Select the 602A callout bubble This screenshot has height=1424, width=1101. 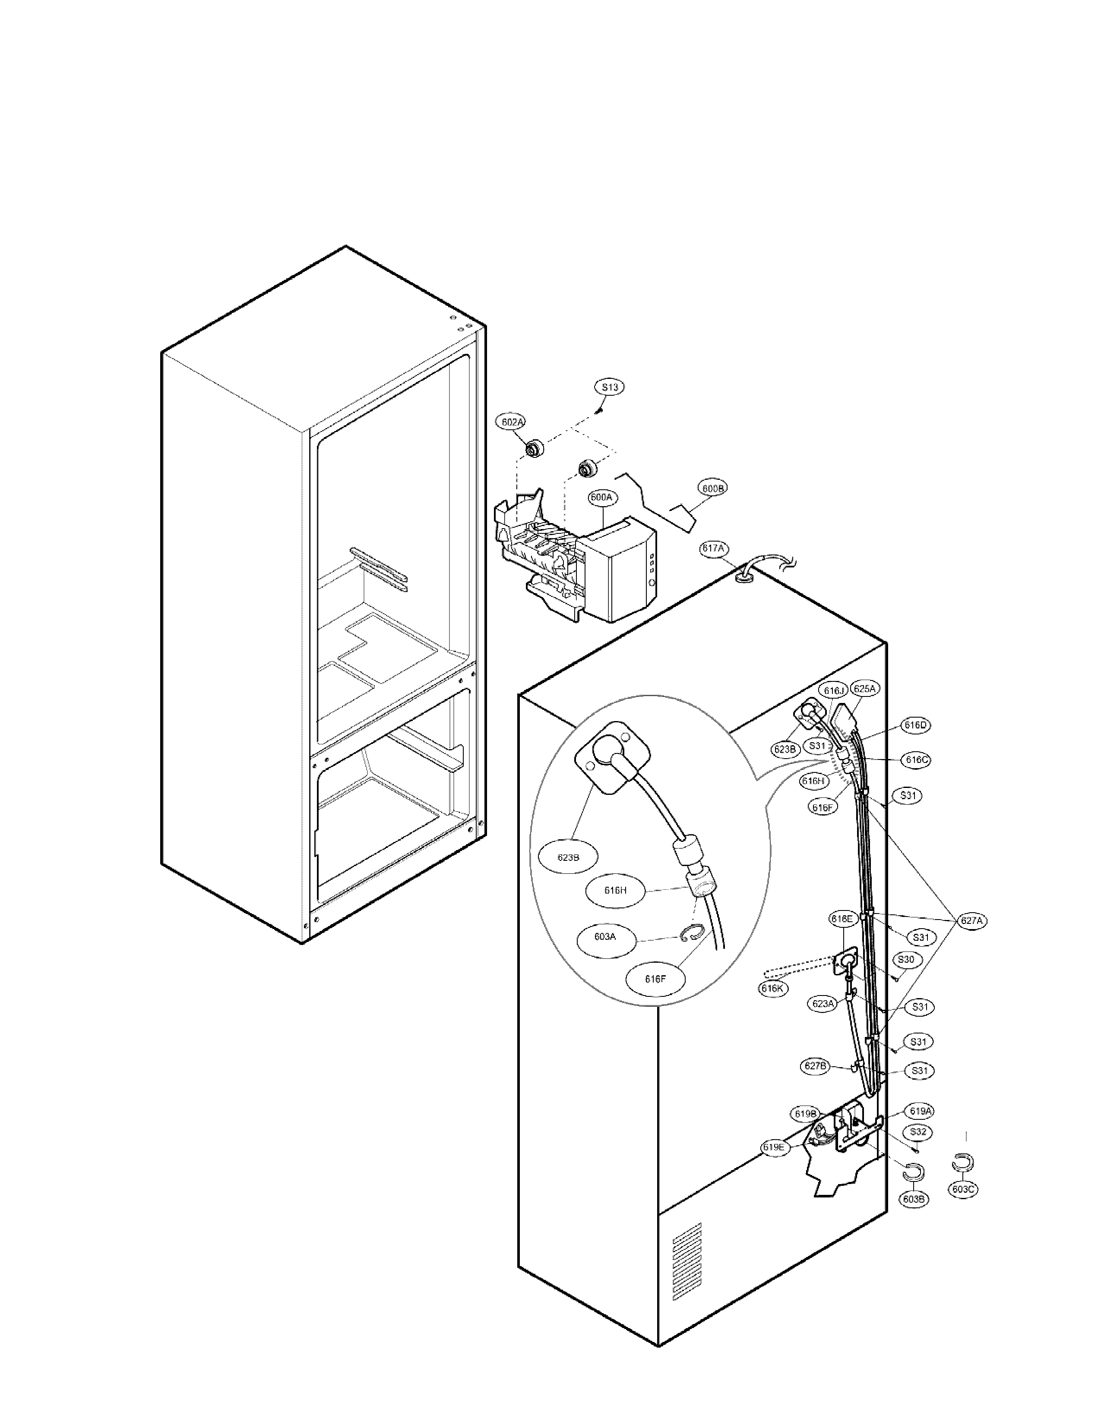pos(512,422)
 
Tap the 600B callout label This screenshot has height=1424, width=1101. pos(712,488)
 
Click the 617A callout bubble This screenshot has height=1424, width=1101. pos(713,548)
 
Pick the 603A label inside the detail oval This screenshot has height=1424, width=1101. pos(604,937)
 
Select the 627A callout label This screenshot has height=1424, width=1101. pos(971,921)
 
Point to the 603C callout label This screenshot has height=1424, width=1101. pos(963,1189)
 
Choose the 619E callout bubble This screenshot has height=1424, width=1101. pos(775,1147)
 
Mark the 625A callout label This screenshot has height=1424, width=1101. pos(865,689)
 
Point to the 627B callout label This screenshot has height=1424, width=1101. pos(815,1067)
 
